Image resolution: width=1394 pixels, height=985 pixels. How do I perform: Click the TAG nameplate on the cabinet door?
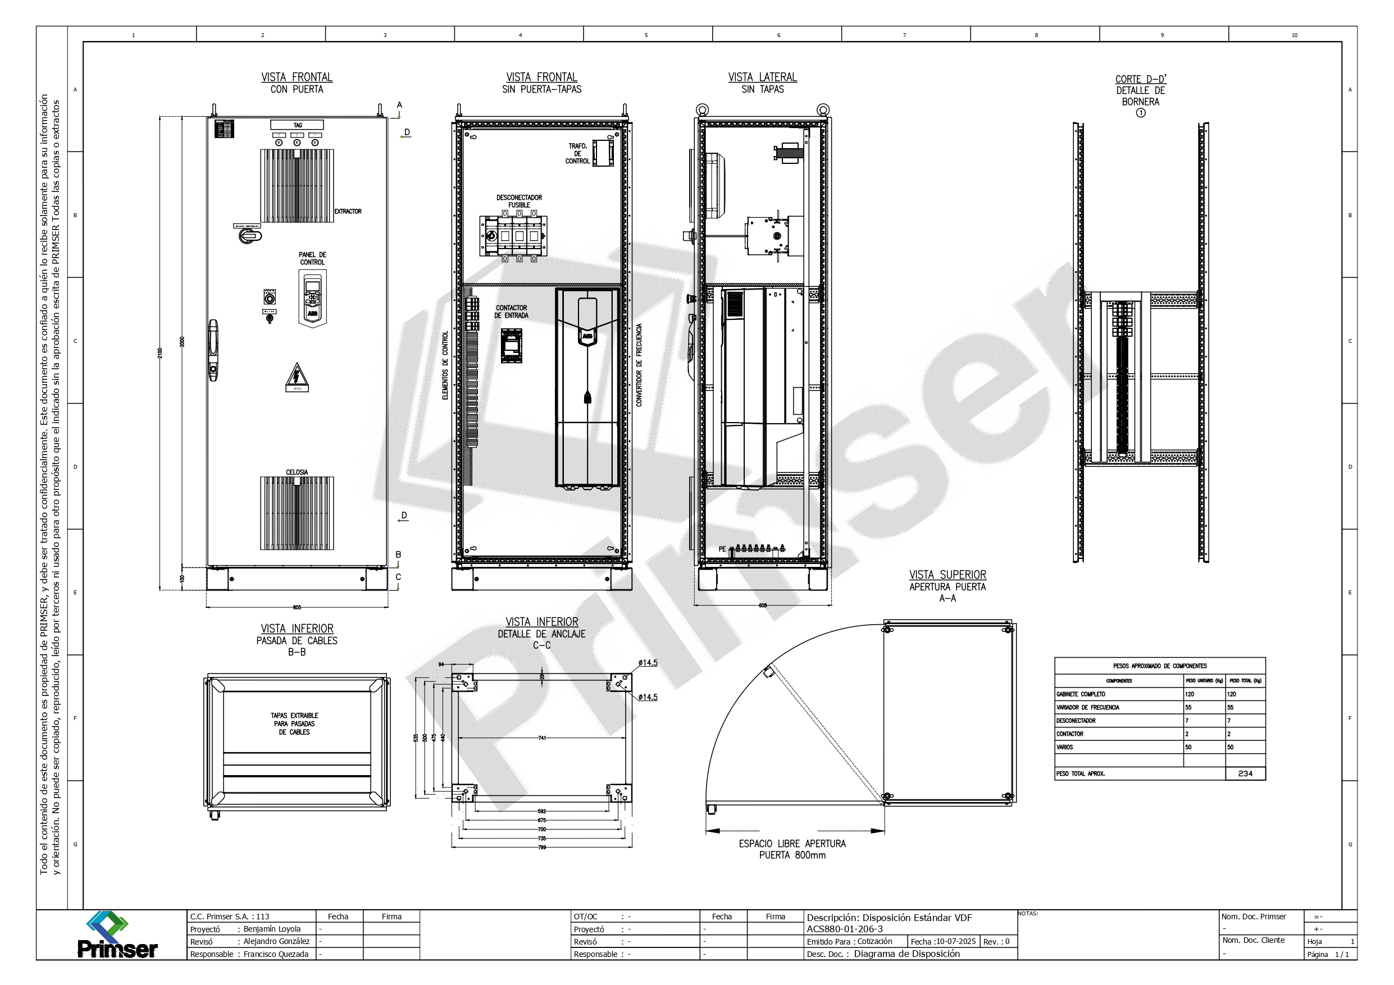click(297, 125)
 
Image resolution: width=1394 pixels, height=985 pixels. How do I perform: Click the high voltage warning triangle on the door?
click(297, 378)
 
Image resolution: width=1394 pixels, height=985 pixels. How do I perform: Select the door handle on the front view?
click(213, 350)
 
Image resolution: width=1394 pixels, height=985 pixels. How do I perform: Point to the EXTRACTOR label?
click(348, 212)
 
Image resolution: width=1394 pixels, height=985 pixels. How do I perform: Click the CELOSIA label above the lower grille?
click(297, 472)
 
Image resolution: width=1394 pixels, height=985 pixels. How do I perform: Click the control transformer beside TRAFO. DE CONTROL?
click(603, 153)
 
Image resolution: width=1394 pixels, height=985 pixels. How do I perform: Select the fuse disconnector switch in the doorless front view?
click(513, 236)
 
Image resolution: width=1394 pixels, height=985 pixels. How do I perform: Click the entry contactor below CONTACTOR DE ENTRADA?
click(511, 345)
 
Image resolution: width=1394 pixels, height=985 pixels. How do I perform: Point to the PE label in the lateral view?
click(722, 549)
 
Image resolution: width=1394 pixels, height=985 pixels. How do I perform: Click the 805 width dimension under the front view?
click(297, 607)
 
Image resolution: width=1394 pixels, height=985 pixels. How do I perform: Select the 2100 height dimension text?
click(160, 352)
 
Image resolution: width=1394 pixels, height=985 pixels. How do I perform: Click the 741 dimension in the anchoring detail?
click(541, 738)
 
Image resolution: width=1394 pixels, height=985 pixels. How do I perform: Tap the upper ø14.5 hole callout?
click(648, 663)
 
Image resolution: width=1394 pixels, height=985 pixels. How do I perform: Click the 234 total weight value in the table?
click(1245, 774)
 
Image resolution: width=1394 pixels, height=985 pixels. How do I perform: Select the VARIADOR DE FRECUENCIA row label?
click(1087, 708)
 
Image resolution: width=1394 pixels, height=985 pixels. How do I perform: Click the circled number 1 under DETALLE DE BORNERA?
click(1140, 113)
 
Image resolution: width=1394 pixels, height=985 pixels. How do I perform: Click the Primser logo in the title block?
click(117, 935)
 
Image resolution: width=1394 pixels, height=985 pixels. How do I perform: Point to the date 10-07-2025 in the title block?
click(956, 941)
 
